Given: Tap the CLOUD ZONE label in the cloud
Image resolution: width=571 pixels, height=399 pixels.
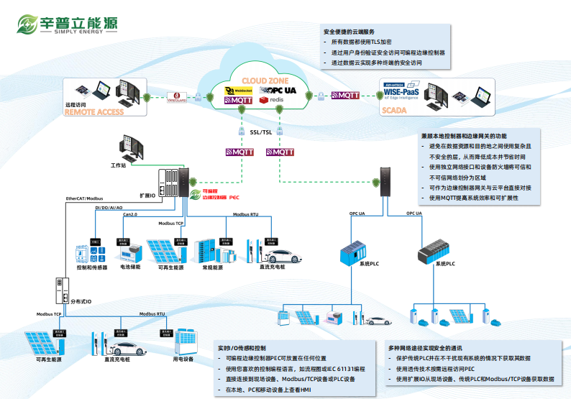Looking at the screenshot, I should [x=265, y=80].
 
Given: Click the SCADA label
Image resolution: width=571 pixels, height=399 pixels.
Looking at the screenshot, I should [x=395, y=110].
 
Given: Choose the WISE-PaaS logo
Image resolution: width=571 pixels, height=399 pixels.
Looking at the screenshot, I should [x=403, y=91].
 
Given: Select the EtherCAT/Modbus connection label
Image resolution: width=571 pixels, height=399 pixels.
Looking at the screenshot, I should [x=85, y=198].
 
